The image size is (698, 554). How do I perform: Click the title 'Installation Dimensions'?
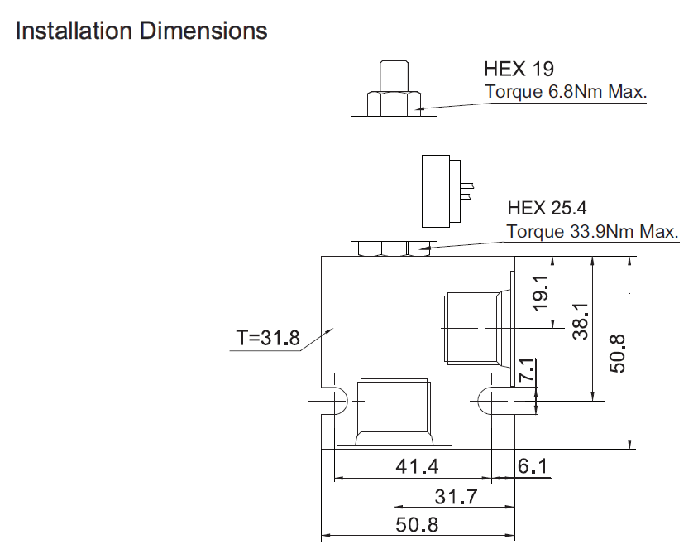click(141, 31)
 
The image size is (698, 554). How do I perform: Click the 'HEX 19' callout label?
click(519, 69)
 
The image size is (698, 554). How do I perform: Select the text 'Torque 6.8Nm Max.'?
click(566, 92)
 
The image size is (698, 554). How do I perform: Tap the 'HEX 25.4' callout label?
click(547, 208)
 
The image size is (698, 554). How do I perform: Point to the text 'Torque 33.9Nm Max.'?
click(592, 231)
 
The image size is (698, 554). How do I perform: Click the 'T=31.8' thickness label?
click(268, 338)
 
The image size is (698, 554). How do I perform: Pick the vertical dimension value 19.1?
click(540, 293)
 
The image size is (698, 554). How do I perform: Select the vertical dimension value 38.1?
click(581, 321)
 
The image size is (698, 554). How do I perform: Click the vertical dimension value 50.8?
click(618, 354)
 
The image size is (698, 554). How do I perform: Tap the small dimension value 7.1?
click(528, 369)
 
